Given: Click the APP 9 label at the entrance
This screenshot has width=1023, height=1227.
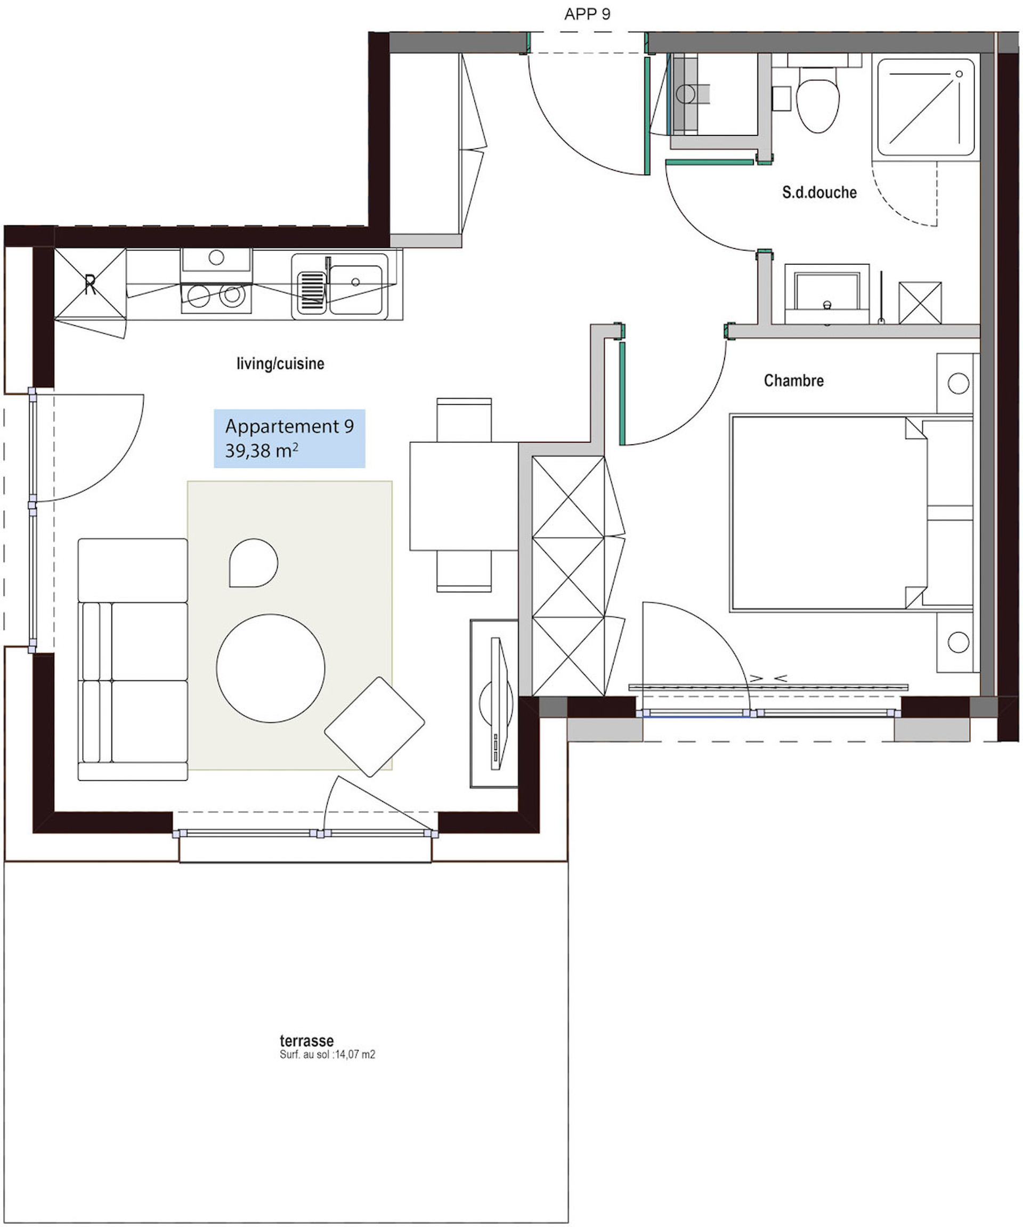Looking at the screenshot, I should pyautogui.click(x=587, y=14).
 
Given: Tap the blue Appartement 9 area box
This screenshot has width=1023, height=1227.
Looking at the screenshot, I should pyautogui.click(x=289, y=438).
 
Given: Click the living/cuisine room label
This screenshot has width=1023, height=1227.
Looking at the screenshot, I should pyautogui.click(x=280, y=363).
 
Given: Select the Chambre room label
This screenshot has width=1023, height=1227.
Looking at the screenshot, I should pyautogui.click(x=793, y=380).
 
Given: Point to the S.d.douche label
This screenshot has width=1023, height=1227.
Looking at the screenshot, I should pyautogui.click(x=819, y=192).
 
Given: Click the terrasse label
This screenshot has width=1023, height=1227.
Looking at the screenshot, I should pyautogui.click(x=306, y=1041).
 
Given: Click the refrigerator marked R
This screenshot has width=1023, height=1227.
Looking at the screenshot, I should pyautogui.click(x=90, y=284).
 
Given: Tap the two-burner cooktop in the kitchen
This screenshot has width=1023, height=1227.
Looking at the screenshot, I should pyautogui.click(x=216, y=296).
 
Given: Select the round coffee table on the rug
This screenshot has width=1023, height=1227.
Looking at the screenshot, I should pyautogui.click(x=271, y=668).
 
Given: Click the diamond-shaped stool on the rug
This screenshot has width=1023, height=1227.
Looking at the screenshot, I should pyautogui.click(x=374, y=726).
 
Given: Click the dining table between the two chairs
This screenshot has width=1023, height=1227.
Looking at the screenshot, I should pyautogui.click(x=464, y=495).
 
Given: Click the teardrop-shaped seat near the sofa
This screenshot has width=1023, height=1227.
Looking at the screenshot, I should pyautogui.click(x=253, y=563).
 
